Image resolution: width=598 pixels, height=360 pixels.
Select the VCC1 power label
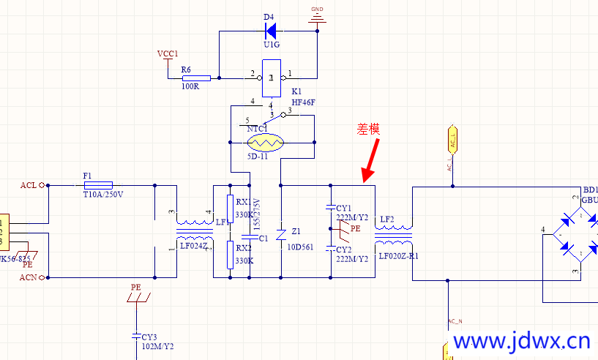tap(168, 54)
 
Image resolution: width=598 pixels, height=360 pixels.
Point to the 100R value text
tap(190, 86)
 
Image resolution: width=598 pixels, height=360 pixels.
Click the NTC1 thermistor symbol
tap(264, 141)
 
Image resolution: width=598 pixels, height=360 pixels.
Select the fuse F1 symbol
tap(98, 185)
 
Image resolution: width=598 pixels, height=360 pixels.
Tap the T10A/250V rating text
tap(102, 194)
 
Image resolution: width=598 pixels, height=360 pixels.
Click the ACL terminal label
tap(29, 185)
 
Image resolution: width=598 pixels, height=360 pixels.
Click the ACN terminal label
tap(29, 277)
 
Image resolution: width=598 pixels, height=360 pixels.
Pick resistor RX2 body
tap(230, 254)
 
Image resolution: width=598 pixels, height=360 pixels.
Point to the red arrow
tap(372, 160)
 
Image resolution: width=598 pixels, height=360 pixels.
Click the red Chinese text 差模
tap(368, 129)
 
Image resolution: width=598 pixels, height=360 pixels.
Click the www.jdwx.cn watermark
tap(521, 342)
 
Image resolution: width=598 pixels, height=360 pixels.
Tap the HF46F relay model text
tap(303, 102)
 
